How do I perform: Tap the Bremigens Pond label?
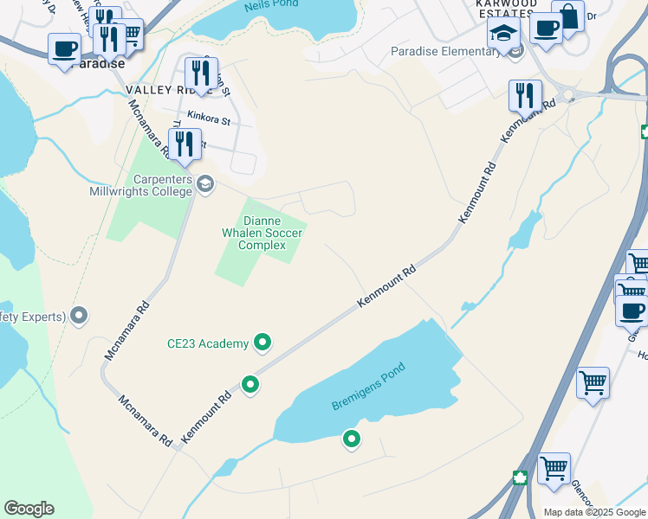tap(368, 387)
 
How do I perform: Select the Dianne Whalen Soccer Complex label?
tap(262, 233)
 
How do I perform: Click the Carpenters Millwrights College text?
tap(139, 185)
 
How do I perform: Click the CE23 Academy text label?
tap(208, 343)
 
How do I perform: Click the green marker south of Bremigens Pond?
tap(352, 440)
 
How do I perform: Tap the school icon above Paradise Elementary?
tap(502, 34)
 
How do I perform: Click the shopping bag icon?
tap(567, 16)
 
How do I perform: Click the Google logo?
tap(29, 509)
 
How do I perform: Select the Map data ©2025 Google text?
tap(595, 512)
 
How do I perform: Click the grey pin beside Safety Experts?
tap(80, 316)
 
